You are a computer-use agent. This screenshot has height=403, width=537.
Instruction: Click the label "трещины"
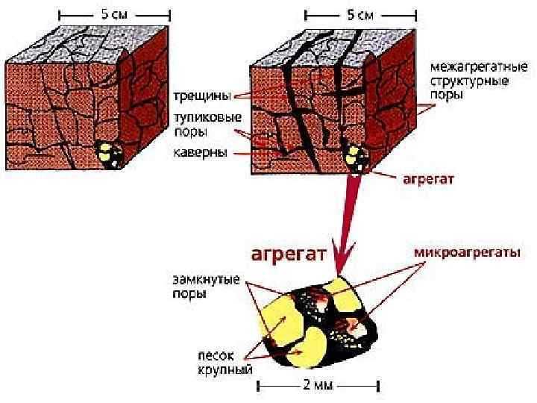(x=201, y=96)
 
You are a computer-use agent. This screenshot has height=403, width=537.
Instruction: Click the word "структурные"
(x=465, y=81)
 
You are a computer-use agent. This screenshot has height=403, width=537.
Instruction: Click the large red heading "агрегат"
(x=290, y=254)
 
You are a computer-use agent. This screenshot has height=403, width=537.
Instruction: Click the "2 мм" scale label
(x=319, y=386)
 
